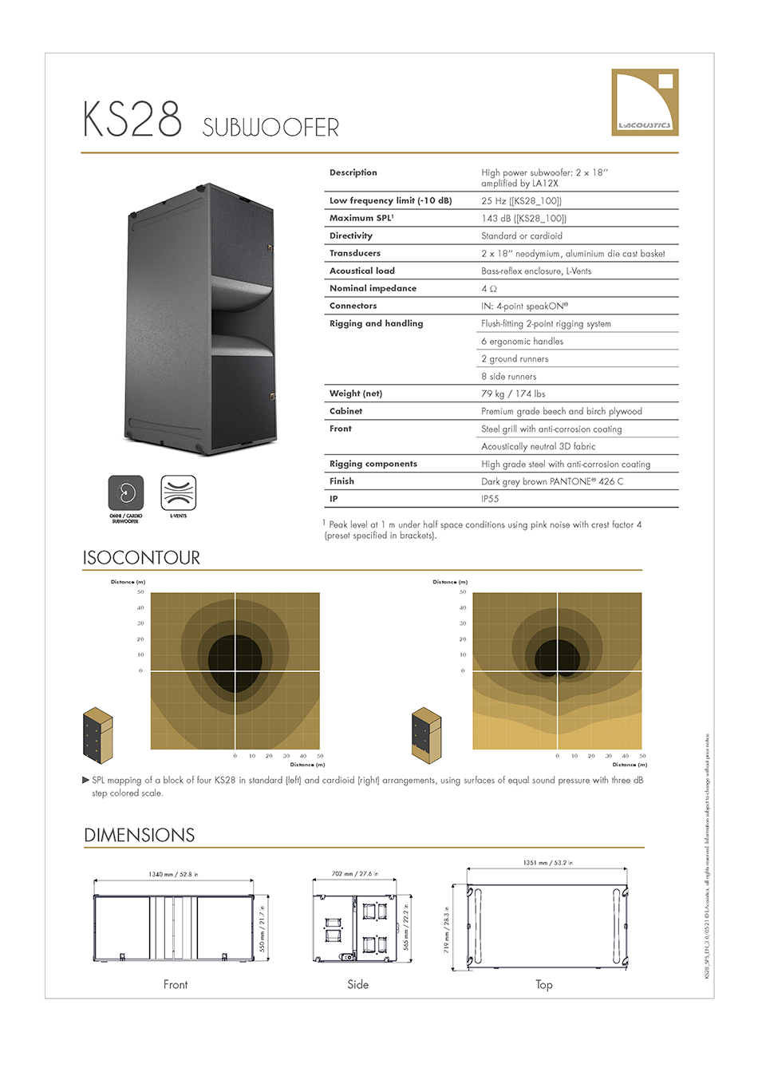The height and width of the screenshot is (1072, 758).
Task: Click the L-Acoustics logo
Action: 645,101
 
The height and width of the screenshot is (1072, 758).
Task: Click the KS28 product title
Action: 132,121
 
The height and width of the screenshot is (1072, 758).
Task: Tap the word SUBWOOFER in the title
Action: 270,128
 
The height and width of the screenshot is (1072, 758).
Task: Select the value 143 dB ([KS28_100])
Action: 523,219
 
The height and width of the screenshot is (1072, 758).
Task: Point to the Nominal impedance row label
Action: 373,288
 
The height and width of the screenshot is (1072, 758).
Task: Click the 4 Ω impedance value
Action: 489,289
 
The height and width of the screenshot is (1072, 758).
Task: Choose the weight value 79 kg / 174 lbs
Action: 513,394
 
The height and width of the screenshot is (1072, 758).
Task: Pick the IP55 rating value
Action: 490,499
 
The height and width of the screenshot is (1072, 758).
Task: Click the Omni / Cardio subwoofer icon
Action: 126,493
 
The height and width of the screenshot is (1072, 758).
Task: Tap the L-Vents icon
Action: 178,493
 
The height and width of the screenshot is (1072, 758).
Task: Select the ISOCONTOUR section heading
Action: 141,558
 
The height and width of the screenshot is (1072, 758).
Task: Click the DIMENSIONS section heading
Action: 140,836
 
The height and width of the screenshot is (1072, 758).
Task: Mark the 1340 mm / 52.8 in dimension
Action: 173,874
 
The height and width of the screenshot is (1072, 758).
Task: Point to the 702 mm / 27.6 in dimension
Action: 355,874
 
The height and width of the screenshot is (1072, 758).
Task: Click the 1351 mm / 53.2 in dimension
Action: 547,863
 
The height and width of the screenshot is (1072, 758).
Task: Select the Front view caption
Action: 176,985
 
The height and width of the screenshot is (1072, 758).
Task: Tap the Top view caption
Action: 544,985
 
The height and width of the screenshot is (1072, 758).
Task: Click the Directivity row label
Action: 351,236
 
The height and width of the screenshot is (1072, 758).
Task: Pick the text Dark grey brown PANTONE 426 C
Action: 552,481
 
